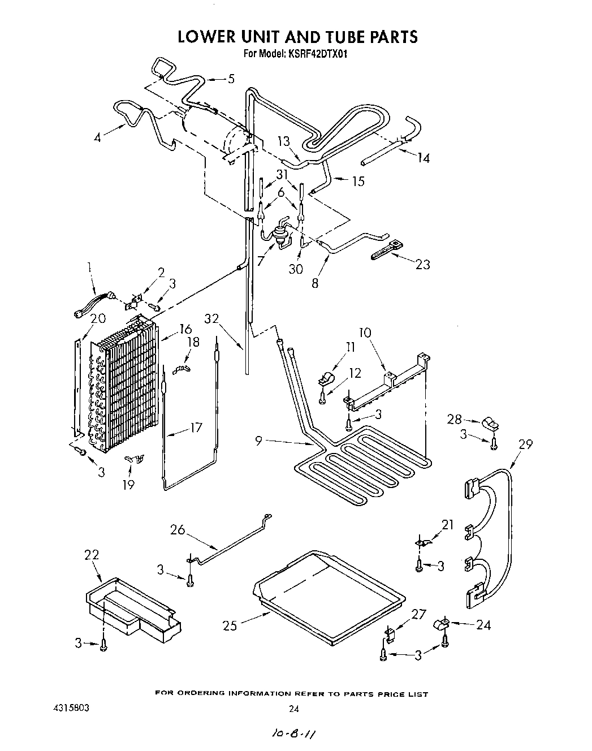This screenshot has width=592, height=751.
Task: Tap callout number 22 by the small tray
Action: point(92,555)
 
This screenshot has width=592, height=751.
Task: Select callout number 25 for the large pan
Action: point(229,625)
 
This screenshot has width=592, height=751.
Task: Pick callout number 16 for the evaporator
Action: point(185,329)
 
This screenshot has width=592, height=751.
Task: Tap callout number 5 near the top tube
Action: point(230,79)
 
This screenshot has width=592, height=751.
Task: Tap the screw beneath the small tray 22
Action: point(103,645)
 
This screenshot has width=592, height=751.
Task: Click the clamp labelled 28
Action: point(489,424)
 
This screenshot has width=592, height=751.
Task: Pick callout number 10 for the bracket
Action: point(366,332)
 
